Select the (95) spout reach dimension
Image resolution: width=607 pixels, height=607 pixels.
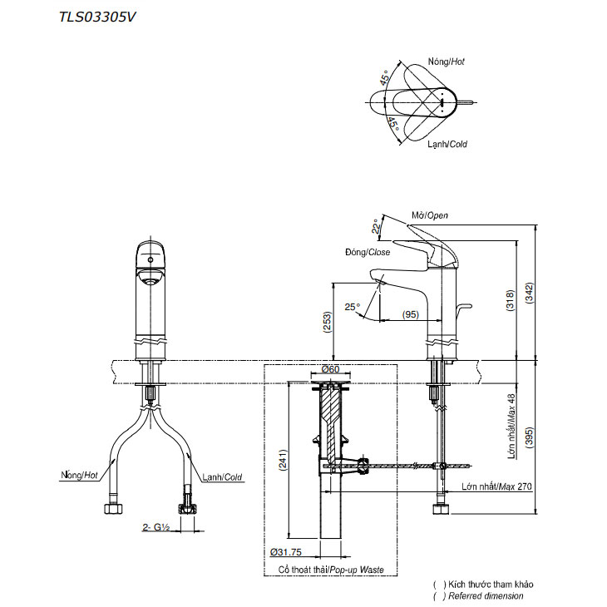point(410,313)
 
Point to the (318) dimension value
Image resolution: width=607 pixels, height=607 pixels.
point(508,299)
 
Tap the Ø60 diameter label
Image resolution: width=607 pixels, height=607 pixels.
point(330,370)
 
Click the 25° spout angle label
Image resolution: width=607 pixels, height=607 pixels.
point(353,307)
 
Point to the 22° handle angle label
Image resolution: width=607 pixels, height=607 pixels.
point(377,225)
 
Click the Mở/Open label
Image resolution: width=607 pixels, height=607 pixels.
point(430,216)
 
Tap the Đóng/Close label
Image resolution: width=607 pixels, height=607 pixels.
point(367,252)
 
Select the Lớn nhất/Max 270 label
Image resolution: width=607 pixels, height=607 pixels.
point(496,486)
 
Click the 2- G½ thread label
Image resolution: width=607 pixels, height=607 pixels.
point(156,526)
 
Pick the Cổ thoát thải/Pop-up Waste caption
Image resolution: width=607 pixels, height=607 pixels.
point(331,570)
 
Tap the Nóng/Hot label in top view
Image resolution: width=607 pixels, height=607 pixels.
point(446,62)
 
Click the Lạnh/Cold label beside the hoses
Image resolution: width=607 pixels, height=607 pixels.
point(222,477)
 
